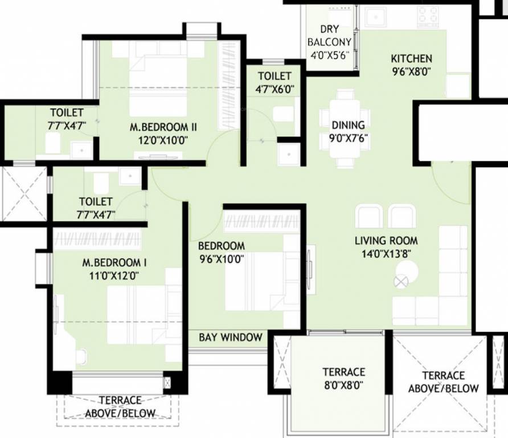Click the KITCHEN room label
[x=411, y=59]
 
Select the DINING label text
[x=349, y=125]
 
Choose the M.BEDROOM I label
[x=114, y=263]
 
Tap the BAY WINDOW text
[x=231, y=337]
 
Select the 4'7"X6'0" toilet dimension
[x=275, y=90]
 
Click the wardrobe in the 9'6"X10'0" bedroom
[x=261, y=221]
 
